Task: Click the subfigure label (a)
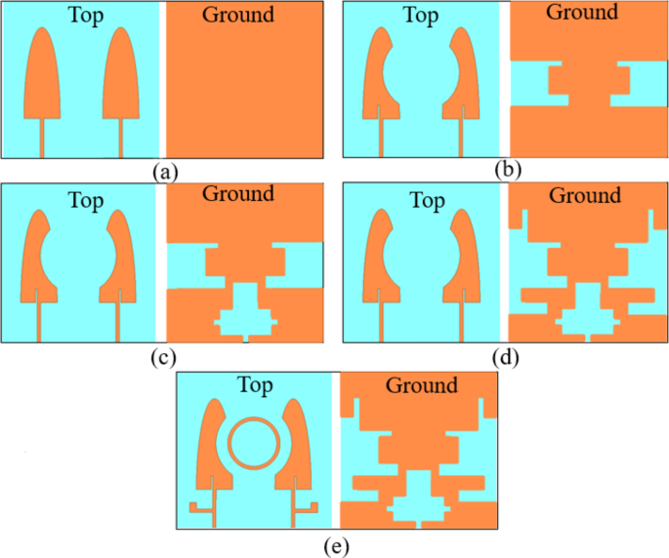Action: tap(167, 172)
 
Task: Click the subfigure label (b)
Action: tap(508, 169)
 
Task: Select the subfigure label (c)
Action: tap(163, 356)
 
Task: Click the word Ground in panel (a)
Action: tap(237, 15)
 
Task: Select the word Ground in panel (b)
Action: tap(582, 13)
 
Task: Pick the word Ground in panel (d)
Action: tap(584, 196)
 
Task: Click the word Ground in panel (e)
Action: tap(421, 385)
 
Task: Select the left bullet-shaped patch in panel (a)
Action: tap(43, 83)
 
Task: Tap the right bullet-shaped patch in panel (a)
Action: tap(121, 83)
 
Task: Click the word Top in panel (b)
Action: tap(420, 16)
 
